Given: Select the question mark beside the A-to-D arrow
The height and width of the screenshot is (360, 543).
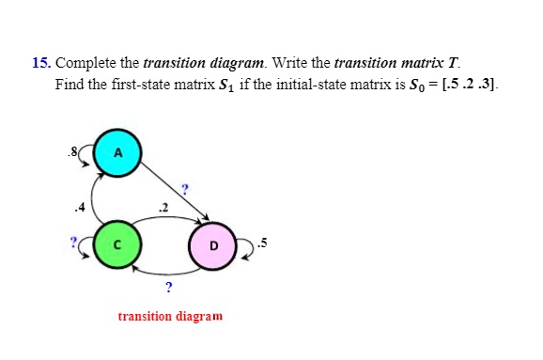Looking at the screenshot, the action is point(187,189).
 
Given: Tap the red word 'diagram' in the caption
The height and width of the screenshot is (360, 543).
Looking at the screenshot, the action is point(198,316).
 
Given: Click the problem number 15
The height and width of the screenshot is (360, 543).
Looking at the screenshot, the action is point(39,63).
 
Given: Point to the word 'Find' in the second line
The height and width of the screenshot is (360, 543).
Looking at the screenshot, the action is point(69,83).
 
